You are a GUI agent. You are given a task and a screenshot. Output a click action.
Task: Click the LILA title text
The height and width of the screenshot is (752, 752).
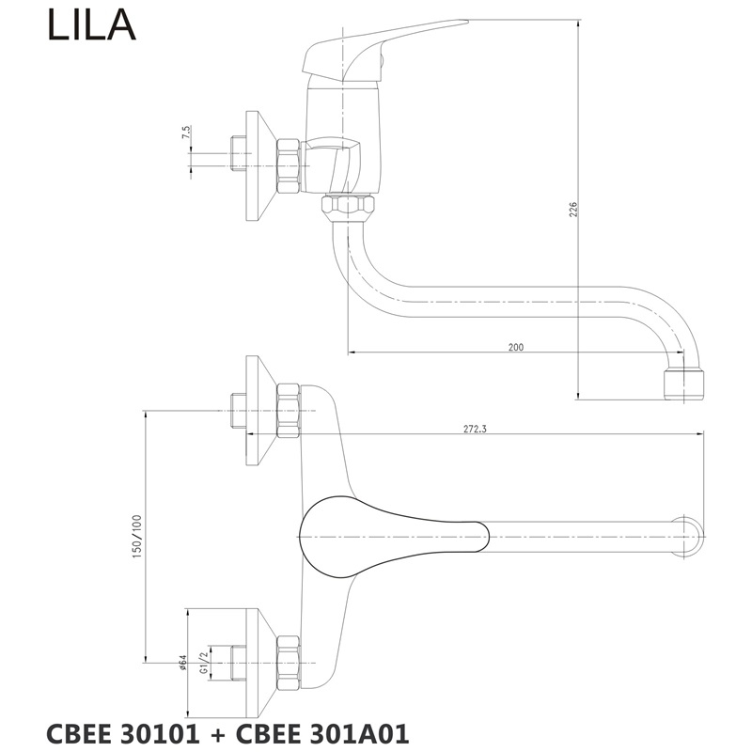pos(91,26)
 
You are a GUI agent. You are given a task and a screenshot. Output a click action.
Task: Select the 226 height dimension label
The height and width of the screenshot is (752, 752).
pos(572,209)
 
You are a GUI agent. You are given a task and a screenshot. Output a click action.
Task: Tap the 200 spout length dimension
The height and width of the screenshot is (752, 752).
pos(515,347)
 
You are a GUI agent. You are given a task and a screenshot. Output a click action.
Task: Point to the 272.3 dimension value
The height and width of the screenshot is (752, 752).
pos(476,428)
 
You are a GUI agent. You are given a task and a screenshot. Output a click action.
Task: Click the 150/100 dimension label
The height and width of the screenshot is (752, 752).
pos(137,536)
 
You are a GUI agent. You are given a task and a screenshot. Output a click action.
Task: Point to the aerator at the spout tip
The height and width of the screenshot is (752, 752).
pos(681,382)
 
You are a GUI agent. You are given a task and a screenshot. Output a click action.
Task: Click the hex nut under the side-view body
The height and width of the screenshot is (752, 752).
pos(347,206)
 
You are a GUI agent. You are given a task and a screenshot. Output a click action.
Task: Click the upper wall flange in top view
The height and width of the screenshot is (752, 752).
pos(257,411)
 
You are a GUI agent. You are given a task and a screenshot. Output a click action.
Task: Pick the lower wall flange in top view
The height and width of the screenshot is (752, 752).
pos(257,662)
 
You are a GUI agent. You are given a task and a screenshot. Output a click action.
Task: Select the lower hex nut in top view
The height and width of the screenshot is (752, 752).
pos(288,662)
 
